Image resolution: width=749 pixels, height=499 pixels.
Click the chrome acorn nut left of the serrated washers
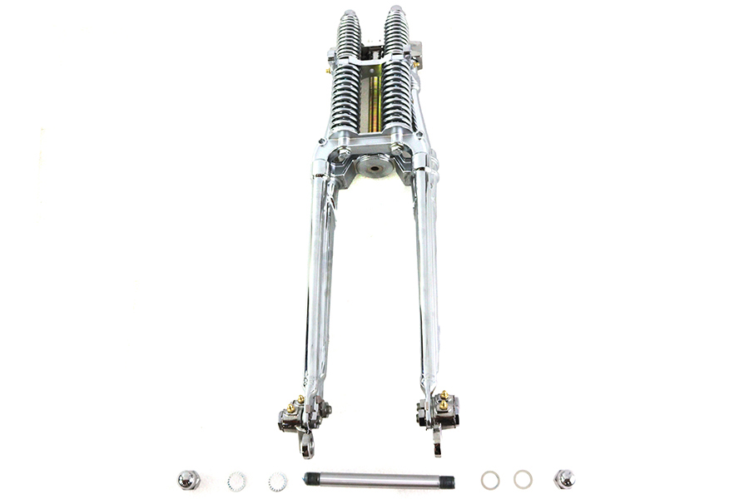(x=188, y=479)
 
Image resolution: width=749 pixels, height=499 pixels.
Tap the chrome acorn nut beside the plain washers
(x=564, y=479)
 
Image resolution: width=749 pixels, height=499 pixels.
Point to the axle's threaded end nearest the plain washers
(x=448, y=480)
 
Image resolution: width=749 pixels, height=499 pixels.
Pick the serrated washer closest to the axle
(x=277, y=480)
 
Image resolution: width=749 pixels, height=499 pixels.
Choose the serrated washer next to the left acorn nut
(x=237, y=480)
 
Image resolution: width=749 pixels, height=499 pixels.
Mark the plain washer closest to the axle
(x=490, y=479)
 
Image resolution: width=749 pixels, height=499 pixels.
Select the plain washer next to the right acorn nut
(x=523, y=479)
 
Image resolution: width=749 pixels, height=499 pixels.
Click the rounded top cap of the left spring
(x=350, y=16)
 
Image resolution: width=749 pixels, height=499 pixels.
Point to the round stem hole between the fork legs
(x=371, y=167)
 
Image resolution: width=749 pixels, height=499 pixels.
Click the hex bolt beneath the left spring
(x=344, y=153)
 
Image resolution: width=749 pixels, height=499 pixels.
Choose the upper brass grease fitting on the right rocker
(x=445, y=393)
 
